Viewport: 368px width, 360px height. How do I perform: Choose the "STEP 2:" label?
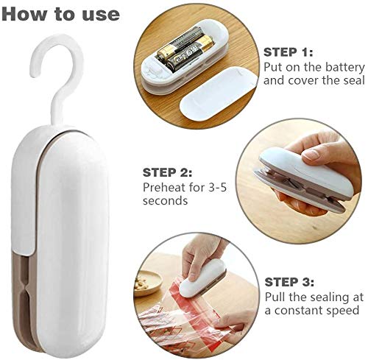coord(167,173)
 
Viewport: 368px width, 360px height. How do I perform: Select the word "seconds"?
coord(166,201)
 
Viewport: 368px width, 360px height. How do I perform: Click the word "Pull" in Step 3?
coord(275,297)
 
